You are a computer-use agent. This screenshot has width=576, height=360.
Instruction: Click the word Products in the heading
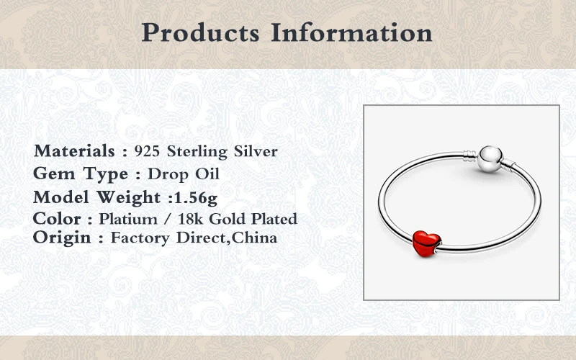pos(201,32)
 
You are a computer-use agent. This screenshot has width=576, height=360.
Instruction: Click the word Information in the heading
pos(351,32)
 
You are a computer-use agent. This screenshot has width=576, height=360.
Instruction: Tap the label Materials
pos(74,151)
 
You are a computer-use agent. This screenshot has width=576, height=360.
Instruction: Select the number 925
pos(147,151)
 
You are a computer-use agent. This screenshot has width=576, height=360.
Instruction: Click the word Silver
pos(256,151)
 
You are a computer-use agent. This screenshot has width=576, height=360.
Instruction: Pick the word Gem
pos(54,174)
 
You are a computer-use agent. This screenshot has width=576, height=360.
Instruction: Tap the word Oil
pos(207,174)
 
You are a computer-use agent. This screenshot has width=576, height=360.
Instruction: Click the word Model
pos(61,197)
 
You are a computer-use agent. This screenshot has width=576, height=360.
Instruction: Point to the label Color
pos(57,219)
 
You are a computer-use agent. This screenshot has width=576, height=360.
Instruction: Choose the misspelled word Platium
pos(128,220)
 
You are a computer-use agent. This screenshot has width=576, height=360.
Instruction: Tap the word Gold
pos(228,220)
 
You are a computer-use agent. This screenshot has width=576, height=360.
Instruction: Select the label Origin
pos(62,238)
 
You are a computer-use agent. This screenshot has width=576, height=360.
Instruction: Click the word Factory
pos(140,238)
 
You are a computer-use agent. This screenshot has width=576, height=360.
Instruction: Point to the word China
pos(254,238)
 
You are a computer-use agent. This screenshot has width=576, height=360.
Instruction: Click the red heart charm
pos(426,243)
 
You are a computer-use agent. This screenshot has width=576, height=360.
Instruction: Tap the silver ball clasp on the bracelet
pos(490,159)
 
